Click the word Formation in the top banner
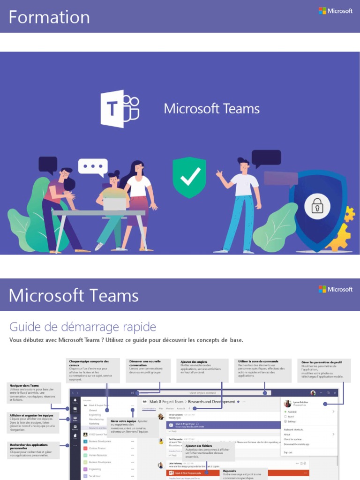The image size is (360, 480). pos(49,17)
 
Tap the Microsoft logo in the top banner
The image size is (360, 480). pos(336,11)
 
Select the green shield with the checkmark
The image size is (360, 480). pos(189,177)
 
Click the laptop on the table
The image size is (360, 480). pos(115,204)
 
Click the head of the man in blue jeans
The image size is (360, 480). pos(243,165)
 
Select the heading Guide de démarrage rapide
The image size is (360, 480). pos(82,327)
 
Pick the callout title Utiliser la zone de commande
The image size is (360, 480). pos(258,361)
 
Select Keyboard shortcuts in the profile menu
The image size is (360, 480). pos(294,430)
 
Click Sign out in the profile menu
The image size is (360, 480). pos(288,452)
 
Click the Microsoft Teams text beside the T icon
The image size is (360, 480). pos(211,109)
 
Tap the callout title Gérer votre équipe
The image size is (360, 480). pos(123,421)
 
